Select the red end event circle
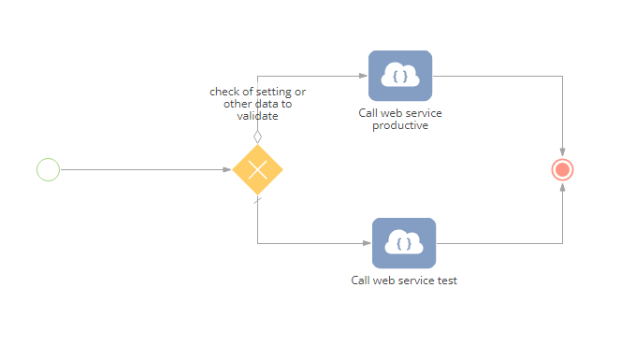(x=562, y=169)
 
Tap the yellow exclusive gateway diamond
(x=257, y=169)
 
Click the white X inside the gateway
(x=257, y=169)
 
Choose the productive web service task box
(x=400, y=76)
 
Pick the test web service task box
(x=404, y=243)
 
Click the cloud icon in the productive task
(x=400, y=75)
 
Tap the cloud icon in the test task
(x=404, y=242)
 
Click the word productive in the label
(x=400, y=125)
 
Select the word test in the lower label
(x=447, y=281)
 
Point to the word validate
(x=257, y=116)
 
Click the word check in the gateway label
(x=224, y=92)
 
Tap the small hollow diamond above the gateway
(x=257, y=137)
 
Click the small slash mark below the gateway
(x=257, y=201)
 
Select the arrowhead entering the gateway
(x=227, y=169)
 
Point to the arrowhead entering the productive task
(x=363, y=76)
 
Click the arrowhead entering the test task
(x=368, y=243)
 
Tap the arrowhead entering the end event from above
(x=562, y=152)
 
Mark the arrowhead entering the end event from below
(x=562, y=187)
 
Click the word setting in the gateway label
(x=273, y=92)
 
